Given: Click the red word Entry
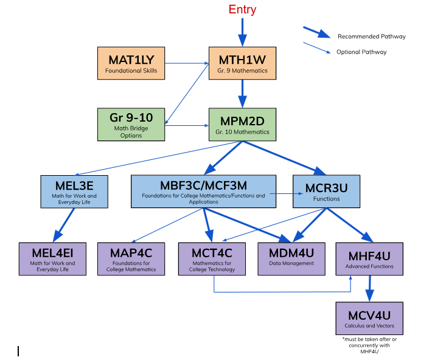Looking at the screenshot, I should tap(242, 10).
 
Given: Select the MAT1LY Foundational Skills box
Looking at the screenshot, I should tap(131, 63).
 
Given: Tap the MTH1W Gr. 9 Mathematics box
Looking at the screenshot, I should tap(242, 63).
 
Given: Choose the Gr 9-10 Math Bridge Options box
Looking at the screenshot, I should tap(131, 125).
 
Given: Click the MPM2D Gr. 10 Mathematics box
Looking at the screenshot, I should tap(242, 125).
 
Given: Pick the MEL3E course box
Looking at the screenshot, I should tap(74, 191).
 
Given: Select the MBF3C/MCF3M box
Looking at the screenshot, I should tap(203, 191).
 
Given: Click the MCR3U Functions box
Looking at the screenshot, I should tap(326, 191).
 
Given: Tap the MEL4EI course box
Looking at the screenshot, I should tap(52, 258).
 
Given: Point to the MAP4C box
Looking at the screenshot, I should tap(131, 258).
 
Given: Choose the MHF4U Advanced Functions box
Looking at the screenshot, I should tap(369, 258).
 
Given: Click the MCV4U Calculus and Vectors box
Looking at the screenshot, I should tap(369, 318).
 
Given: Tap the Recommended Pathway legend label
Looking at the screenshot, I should tap(371, 36).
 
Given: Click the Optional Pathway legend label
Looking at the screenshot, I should tap(361, 52).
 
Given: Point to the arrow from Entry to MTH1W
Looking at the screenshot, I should tap(242, 31).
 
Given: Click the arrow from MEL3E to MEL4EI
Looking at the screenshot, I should tap(63, 224).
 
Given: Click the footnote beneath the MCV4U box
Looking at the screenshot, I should tap(369, 345).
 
